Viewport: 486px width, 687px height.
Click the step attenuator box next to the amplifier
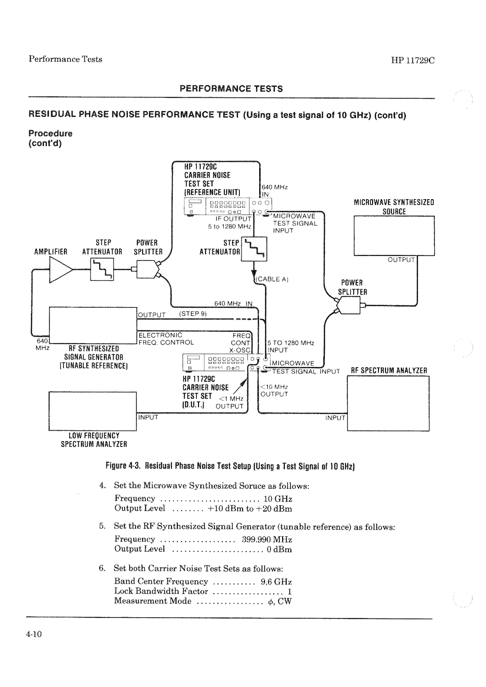pyautogui.click(x=102, y=271)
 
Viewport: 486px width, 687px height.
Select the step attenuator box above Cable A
pyautogui.click(x=255, y=249)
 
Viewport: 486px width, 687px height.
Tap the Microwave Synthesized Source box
pyautogui.click(x=394, y=236)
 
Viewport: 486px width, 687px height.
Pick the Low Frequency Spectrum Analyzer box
pyautogui.click(x=92, y=410)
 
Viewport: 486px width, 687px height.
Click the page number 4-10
pyautogui.click(x=34, y=634)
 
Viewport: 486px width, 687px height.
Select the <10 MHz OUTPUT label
pyautogui.click(x=274, y=391)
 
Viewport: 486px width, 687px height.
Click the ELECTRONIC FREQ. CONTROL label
pyautogui.click(x=165, y=339)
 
